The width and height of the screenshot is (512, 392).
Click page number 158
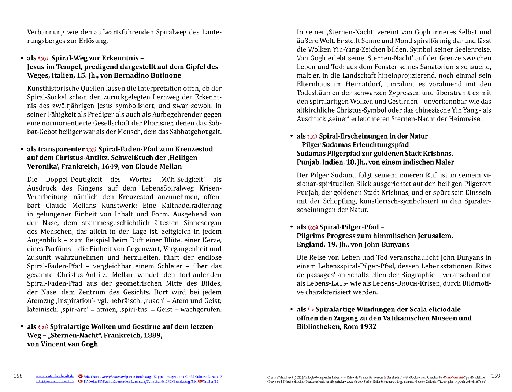tap(18, 376)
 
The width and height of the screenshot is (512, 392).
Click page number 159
tap(496, 376)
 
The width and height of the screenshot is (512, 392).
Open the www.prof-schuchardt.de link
tap(55, 376)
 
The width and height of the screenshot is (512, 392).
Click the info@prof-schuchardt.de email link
tap(55, 381)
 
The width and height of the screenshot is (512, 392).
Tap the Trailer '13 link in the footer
tap(211, 381)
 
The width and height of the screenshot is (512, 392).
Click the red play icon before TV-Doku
tap(80, 381)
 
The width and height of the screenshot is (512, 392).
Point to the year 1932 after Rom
tap(368, 327)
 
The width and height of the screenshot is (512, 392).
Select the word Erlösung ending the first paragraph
tap(93, 41)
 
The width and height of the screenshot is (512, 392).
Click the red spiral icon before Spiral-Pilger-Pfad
tap(313, 227)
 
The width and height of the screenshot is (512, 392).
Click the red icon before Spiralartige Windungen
tap(311, 309)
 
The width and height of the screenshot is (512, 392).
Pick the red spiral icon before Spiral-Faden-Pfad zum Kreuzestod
tap(91, 150)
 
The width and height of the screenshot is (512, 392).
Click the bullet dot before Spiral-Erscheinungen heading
tap(292, 136)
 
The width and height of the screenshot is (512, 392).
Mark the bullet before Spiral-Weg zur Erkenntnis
tap(22, 58)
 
